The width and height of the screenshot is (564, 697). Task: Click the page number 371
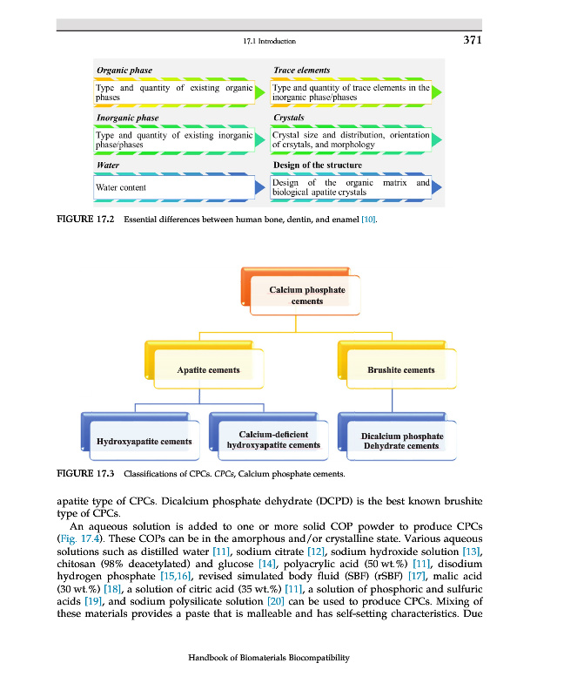[x=471, y=40]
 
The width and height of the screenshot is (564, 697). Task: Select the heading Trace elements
[x=301, y=70]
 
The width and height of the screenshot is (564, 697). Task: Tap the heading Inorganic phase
[x=127, y=116]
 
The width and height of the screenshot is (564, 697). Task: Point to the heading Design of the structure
[x=318, y=164]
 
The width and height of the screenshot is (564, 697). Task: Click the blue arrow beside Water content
[x=258, y=187]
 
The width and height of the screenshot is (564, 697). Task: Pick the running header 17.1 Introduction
[x=269, y=41]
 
